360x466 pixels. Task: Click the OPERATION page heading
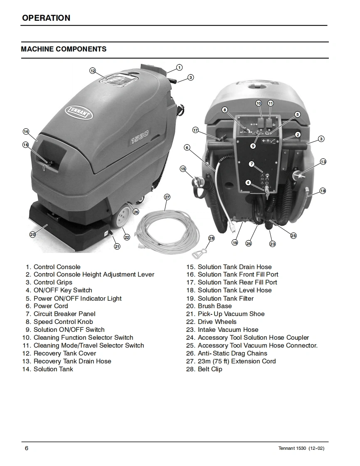point(46,18)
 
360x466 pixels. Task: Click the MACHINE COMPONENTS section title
point(64,49)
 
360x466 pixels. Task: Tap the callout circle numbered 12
point(93,71)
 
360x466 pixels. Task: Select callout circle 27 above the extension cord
point(167,197)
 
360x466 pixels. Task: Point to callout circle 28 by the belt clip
point(211,238)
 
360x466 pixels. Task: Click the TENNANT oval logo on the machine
point(79,112)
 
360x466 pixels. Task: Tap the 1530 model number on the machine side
point(140,138)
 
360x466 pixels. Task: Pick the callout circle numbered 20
point(33,234)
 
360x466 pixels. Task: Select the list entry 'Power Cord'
point(51,306)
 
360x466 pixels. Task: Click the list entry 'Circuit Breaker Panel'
point(64,314)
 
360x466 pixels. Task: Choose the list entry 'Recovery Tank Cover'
point(65,353)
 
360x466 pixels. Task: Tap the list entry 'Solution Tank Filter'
point(225,298)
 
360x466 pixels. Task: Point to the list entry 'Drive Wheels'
point(217,322)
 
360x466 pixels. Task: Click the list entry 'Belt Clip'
point(210,369)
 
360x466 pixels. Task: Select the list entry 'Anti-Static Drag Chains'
point(232,353)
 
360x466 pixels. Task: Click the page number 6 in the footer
point(27,448)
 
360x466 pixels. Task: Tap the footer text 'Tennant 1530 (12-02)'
point(301,449)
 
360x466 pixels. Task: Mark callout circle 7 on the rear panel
point(252,164)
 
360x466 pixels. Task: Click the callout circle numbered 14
point(26,132)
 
